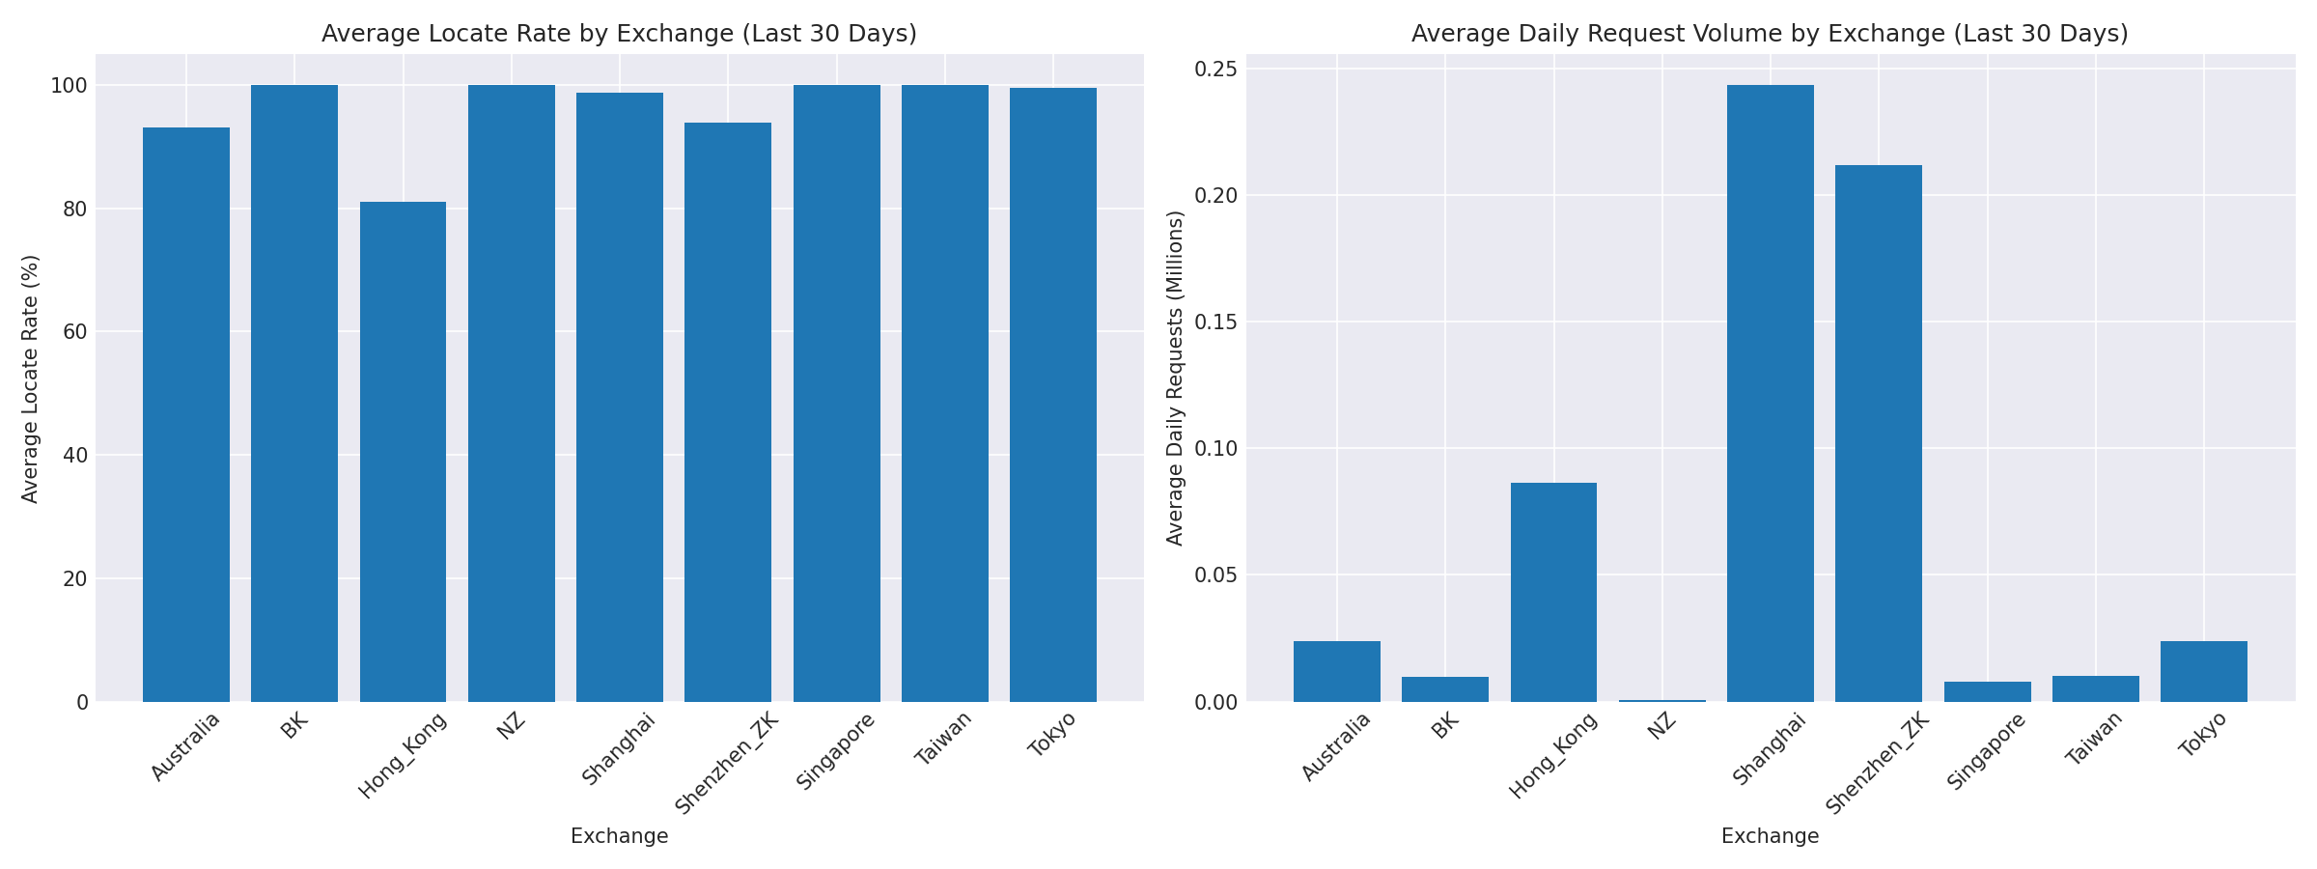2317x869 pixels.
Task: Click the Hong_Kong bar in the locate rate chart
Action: pyautogui.click(x=403, y=452)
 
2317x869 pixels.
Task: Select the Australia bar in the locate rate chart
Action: pyautogui.click(x=186, y=415)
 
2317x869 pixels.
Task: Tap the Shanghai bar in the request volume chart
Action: pyautogui.click(x=1770, y=393)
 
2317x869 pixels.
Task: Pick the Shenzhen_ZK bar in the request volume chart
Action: pyautogui.click(x=1878, y=434)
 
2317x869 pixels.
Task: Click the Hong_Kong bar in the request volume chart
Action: pyautogui.click(x=1553, y=592)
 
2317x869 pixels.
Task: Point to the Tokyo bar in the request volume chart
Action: pyautogui.click(x=2203, y=671)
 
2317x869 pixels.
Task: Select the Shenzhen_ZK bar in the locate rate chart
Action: pyautogui.click(x=728, y=412)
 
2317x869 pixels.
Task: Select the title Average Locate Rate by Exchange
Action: pyautogui.click(x=619, y=34)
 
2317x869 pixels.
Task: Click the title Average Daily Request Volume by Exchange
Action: pyautogui.click(x=1770, y=34)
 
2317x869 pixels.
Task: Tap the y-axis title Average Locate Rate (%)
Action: pyautogui.click(x=31, y=378)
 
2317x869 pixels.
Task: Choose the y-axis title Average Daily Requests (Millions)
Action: pyautogui.click(x=1175, y=378)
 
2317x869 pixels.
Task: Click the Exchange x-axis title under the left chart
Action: pyautogui.click(x=619, y=836)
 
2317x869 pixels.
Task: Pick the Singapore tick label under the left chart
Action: pyautogui.click(x=836, y=750)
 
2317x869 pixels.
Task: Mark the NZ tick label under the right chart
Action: pyautogui.click(x=1661, y=725)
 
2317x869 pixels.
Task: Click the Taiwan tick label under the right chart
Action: pyautogui.click(x=2094, y=739)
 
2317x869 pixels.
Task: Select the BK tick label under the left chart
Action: pyautogui.click(x=294, y=725)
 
